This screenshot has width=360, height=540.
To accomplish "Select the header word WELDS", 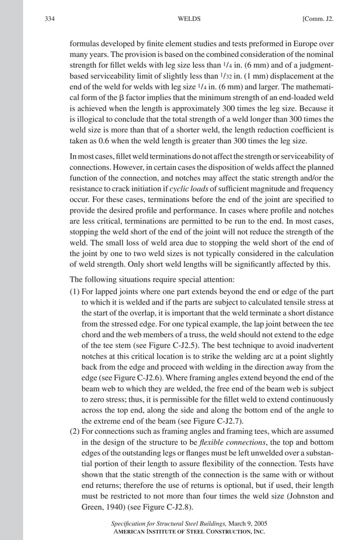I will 187,20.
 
